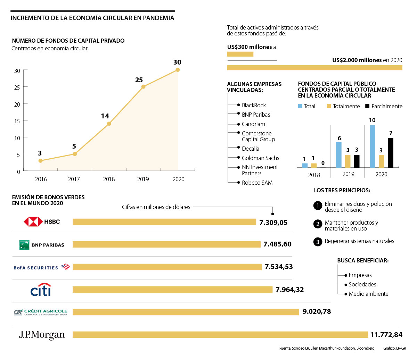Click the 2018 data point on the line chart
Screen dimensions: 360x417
[x=109, y=124]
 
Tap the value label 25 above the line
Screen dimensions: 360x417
[x=139, y=80]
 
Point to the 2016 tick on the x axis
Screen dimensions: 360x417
[x=41, y=179]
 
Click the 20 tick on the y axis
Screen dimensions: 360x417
[x=17, y=104]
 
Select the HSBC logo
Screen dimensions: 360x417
[x=42, y=221]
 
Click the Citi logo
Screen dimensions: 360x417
[x=41, y=290]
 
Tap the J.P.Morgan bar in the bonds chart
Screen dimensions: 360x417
[x=220, y=335]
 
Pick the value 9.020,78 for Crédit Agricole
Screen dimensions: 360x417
[x=317, y=311]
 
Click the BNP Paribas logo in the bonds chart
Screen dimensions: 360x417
[x=42, y=245]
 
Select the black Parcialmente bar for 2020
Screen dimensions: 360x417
[x=391, y=153]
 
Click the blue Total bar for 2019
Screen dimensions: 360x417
[x=339, y=155]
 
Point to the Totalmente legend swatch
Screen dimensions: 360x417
[x=329, y=106]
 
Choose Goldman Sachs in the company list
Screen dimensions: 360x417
[x=261, y=158]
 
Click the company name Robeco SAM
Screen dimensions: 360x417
[x=257, y=183]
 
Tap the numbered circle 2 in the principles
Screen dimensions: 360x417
[x=318, y=224]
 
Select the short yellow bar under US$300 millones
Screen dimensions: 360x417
[x=240, y=54]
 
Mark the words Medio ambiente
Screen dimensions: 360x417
[x=368, y=294]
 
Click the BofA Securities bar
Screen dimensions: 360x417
[x=167, y=267]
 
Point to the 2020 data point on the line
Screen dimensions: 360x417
[x=178, y=70]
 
